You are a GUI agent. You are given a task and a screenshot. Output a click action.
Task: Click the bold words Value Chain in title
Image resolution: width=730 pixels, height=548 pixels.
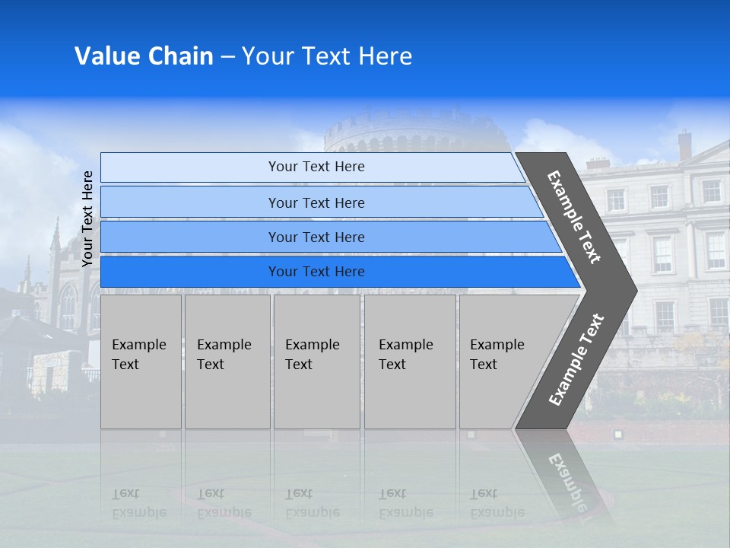point(144,56)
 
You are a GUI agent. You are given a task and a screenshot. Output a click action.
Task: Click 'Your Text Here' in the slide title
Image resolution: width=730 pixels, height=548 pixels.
point(327,56)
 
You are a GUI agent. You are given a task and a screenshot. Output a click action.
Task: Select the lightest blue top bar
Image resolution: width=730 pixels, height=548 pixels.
point(190,167)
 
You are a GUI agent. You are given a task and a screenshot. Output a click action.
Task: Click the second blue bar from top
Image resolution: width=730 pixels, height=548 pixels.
point(190,202)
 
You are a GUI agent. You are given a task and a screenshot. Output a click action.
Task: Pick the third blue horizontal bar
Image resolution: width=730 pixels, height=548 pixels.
point(190,237)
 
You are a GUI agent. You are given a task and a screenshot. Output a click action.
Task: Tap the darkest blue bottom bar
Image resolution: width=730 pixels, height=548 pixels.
point(190,272)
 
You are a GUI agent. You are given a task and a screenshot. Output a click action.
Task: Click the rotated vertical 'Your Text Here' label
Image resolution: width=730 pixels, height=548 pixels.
point(87,218)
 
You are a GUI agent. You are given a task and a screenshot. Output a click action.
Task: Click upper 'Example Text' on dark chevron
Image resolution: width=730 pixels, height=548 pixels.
point(574,217)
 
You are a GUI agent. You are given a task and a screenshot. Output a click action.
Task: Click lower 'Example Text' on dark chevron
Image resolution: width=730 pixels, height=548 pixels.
point(576,360)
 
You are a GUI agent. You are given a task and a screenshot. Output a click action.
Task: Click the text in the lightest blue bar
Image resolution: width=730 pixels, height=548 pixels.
point(316,167)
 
